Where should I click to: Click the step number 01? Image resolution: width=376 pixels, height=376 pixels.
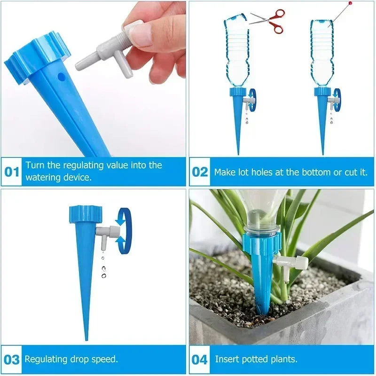coord(12,172)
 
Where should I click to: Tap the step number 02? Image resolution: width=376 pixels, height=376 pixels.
coord(200,172)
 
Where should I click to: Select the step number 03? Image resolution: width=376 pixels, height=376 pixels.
coord(12,360)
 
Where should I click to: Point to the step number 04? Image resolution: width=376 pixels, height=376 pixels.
coord(200,360)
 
